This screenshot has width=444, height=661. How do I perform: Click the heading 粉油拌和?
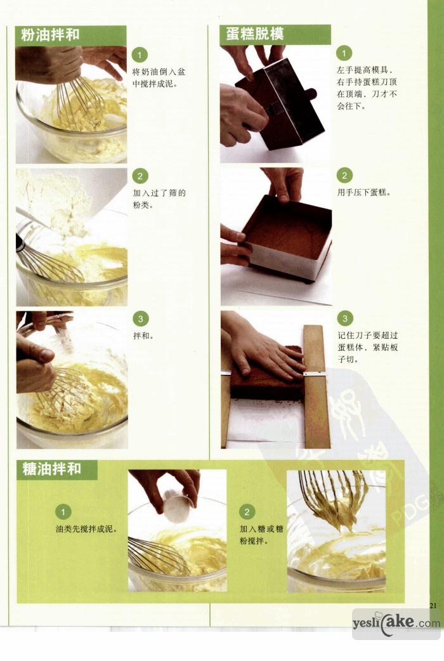click(51, 35)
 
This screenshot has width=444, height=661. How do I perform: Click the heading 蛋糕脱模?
click(255, 34)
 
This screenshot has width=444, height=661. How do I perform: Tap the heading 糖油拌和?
click(52, 468)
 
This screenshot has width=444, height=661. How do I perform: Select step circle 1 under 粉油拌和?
click(140, 55)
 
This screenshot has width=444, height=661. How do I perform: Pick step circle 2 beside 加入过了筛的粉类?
click(140, 176)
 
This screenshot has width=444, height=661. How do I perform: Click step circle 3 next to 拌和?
click(140, 318)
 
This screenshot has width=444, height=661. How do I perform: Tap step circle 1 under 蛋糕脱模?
click(344, 53)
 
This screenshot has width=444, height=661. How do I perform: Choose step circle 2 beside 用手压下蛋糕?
click(344, 175)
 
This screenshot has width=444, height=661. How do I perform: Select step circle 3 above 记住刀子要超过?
click(345, 318)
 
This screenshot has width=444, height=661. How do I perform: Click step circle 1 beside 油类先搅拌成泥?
click(63, 512)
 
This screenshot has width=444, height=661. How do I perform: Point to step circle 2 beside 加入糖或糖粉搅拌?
click(247, 512)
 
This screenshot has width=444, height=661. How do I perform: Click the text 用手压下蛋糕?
click(364, 193)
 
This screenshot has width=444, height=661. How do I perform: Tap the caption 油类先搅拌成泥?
click(86, 529)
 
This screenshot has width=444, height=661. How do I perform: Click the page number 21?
click(433, 606)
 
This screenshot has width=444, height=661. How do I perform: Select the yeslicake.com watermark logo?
click(396, 623)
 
